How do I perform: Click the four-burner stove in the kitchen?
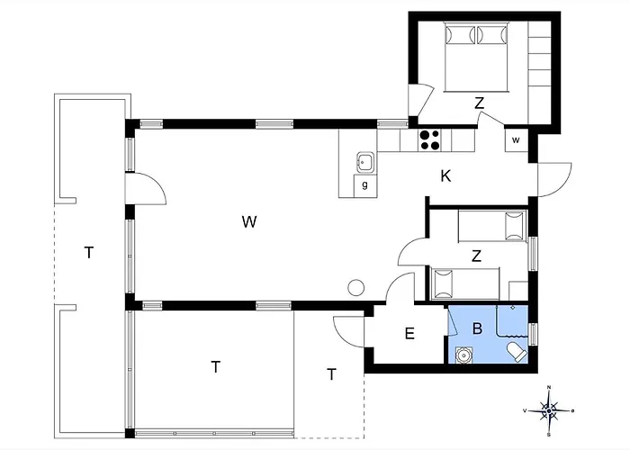point(429,139)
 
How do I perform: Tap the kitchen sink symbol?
point(365,163)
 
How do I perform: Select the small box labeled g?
point(364,185)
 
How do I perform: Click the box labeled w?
point(517,140)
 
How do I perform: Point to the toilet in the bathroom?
point(517,352)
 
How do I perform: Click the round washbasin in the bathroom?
point(463,355)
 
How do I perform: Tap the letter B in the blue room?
point(477,328)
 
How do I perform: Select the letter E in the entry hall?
point(409,334)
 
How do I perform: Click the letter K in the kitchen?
point(445,176)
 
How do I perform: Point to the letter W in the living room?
point(249,221)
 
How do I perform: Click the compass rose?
point(549,410)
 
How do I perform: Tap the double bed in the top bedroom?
point(476,57)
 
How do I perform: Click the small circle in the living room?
point(356,288)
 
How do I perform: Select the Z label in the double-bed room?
point(479,103)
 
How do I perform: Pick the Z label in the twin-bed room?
point(476,256)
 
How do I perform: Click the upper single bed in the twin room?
point(492,226)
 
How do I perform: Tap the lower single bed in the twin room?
point(465,283)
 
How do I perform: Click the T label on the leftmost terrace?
point(89,253)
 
